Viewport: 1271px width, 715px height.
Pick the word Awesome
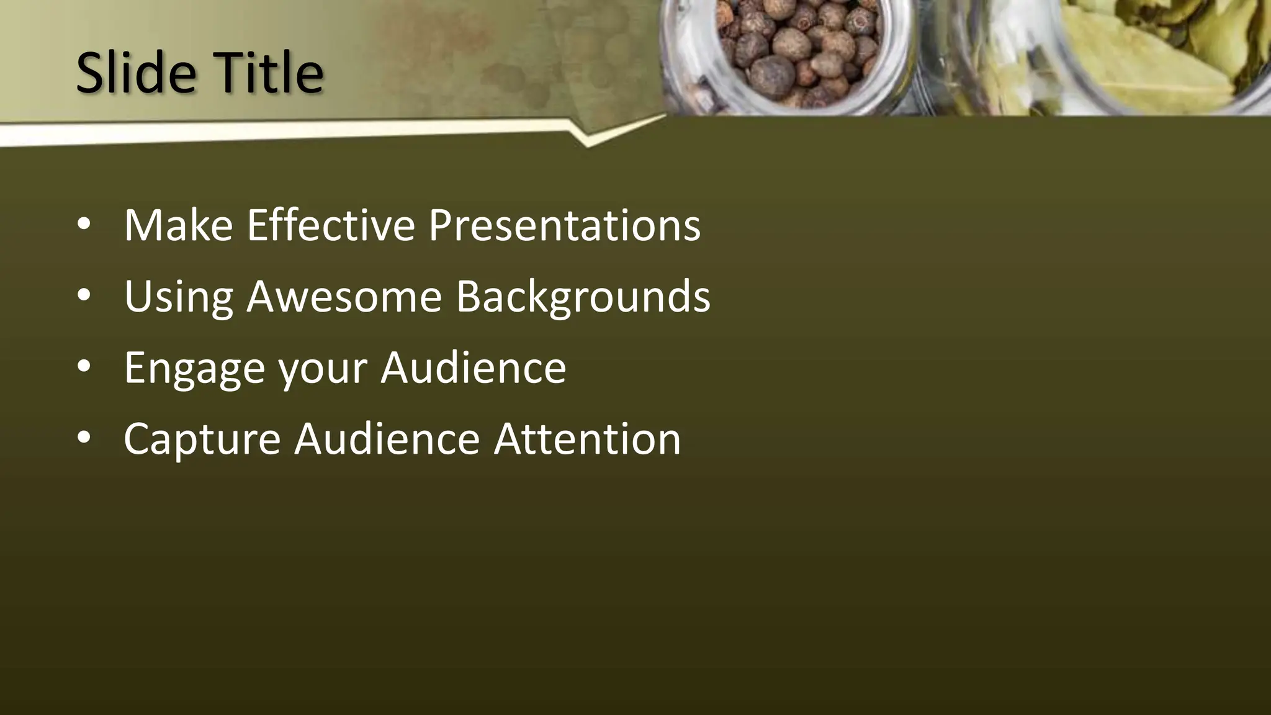point(344,297)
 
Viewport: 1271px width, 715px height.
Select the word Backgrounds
point(583,297)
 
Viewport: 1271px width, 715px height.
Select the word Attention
point(587,439)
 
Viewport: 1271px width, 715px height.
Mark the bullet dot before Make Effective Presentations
point(84,224)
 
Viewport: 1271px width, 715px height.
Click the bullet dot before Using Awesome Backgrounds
point(84,295)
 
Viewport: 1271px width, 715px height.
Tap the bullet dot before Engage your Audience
point(84,367)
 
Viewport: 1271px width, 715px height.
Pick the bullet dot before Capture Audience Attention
point(84,438)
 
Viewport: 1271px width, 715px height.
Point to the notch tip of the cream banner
point(587,145)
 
